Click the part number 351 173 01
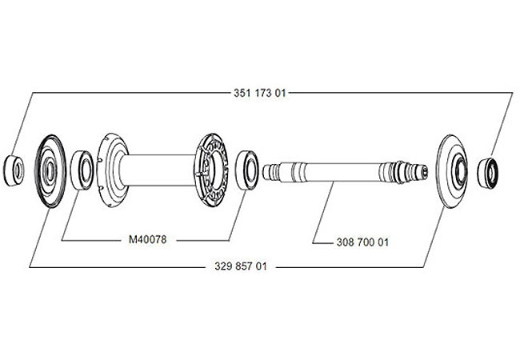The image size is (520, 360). coord(259,93)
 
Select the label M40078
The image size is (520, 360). coord(147,239)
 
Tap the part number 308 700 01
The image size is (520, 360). coord(362,242)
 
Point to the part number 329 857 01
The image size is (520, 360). coord(241,266)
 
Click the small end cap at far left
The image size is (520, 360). coord(14,170)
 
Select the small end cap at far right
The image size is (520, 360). coord(487,173)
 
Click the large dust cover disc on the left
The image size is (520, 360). coord(50,171)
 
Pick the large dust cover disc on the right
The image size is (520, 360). coord(453,171)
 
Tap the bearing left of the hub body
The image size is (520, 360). coord(82,170)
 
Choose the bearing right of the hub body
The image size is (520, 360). coord(247,170)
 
